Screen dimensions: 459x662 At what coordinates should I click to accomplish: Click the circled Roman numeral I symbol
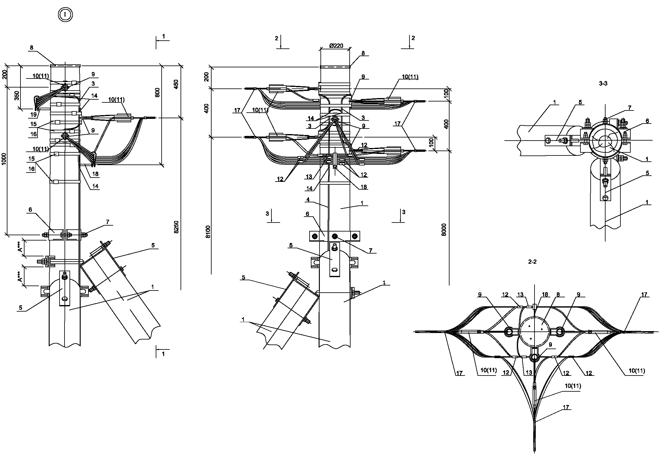point(65,15)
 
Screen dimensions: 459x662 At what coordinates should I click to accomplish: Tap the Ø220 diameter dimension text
point(336,46)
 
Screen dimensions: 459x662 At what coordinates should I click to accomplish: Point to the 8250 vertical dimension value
point(176,227)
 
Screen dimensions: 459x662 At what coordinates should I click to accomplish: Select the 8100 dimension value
point(208,232)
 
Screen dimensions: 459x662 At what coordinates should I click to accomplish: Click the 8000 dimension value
point(444,230)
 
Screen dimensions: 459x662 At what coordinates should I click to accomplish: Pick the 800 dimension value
point(157,93)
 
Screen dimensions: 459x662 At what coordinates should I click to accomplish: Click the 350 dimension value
point(17,95)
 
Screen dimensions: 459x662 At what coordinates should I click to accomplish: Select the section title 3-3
point(603,83)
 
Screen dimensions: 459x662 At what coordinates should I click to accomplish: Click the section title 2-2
point(532,262)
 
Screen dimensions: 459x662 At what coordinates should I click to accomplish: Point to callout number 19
point(34,115)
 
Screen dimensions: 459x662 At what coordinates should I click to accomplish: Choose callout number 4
point(307,200)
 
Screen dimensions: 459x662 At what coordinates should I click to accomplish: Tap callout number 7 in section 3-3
point(629,108)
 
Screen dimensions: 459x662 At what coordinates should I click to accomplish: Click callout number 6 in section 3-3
point(647,121)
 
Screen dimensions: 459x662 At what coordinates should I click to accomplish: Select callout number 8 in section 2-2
point(558,295)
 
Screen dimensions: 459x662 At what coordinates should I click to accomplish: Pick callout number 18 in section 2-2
point(545,295)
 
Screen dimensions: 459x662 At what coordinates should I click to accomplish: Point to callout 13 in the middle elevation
point(309,177)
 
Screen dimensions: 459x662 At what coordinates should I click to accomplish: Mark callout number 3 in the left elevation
point(93,83)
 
